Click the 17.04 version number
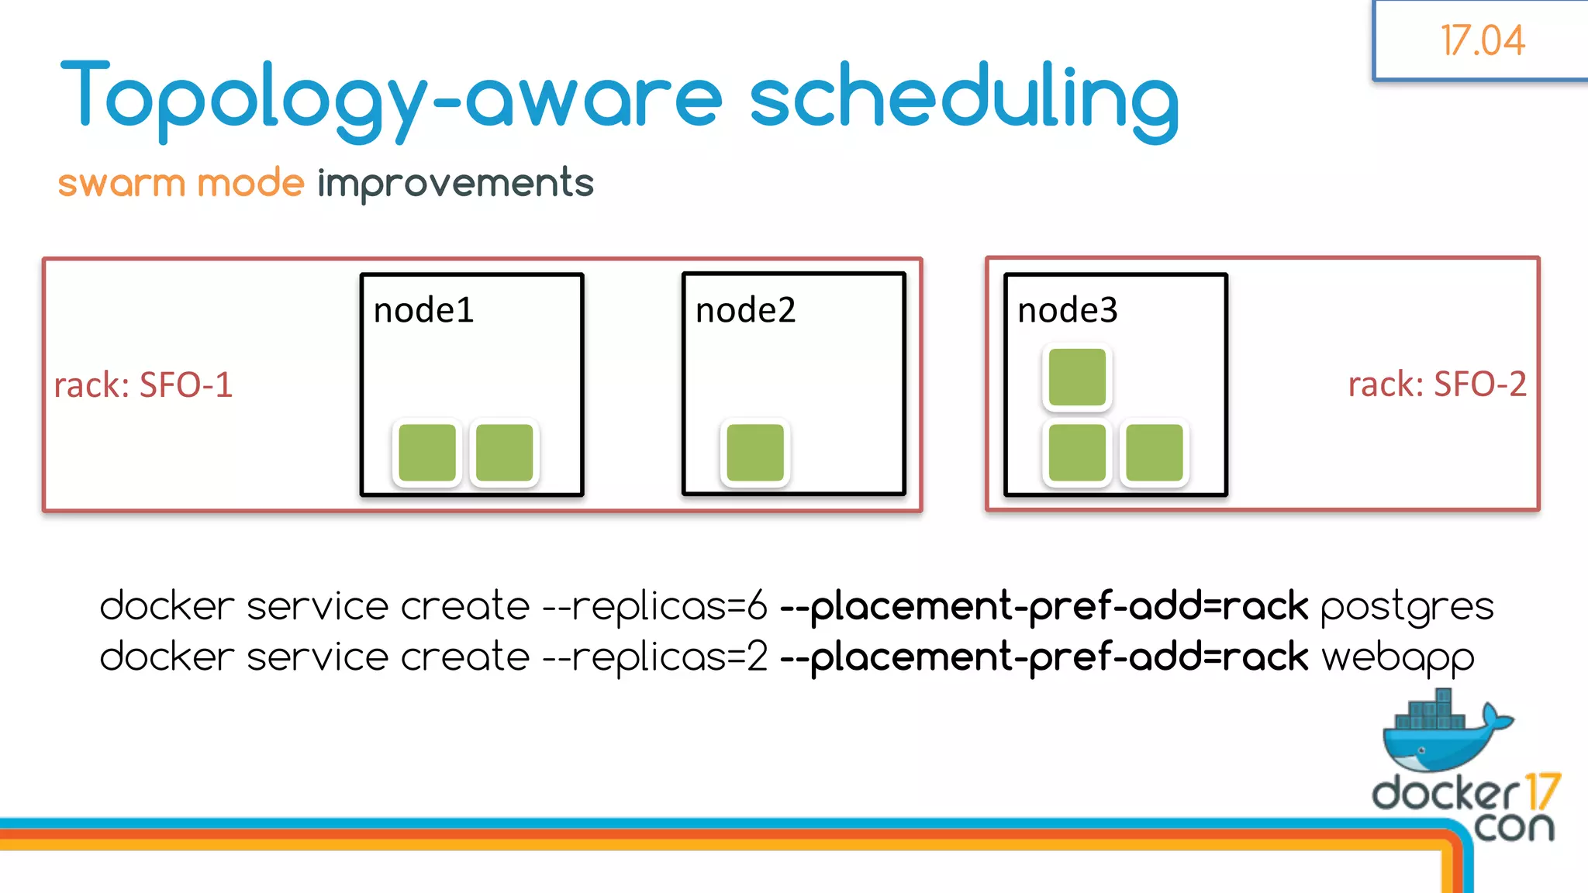click(1483, 40)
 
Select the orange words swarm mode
click(181, 184)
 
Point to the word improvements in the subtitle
click(455, 184)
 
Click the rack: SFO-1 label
click(143, 385)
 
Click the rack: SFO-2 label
click(1437, 384)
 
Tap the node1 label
click(423, 311)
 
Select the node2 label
click(745, 311)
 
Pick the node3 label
click(1067, 311)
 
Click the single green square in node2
click(755, 453)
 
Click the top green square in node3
click(1077, 378)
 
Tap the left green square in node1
click(427, 453)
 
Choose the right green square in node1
click(504, 453)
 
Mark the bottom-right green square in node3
click(1154, 453)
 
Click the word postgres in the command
click(1407, 607)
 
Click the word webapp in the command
click(1397, 658)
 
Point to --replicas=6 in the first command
click(655, 607)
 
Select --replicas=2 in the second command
click(655, 658)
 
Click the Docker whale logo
click(1444, 733)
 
